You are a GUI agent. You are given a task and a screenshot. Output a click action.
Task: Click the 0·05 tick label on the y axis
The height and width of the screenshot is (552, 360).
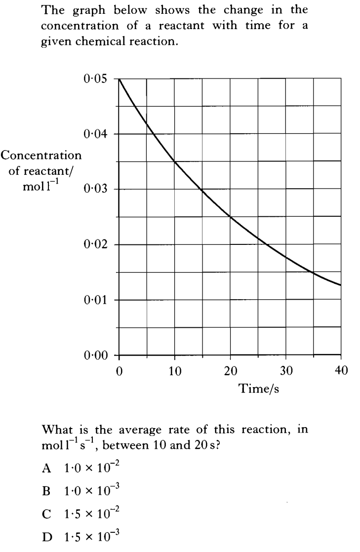coord(95,79)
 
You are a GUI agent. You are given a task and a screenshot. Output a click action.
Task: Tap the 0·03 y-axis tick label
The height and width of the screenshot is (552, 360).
coord(95,189)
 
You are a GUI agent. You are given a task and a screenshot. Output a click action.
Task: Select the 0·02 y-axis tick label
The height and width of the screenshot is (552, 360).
coord(95,244)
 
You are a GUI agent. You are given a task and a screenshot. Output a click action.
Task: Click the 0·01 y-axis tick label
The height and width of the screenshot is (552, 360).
coord(95,300)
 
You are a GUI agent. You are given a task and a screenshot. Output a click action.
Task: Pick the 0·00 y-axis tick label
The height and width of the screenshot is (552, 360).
coord(95,355)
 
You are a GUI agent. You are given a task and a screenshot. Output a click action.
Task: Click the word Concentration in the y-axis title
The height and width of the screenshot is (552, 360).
coord(41,156)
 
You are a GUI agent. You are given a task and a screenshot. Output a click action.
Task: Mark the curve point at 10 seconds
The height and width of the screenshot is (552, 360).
coord(175,161)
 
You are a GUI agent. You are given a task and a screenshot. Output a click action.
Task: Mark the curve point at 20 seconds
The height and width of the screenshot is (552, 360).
coord(230,216)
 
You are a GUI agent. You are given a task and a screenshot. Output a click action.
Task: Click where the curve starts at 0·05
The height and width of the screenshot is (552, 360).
coord(119,79)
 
